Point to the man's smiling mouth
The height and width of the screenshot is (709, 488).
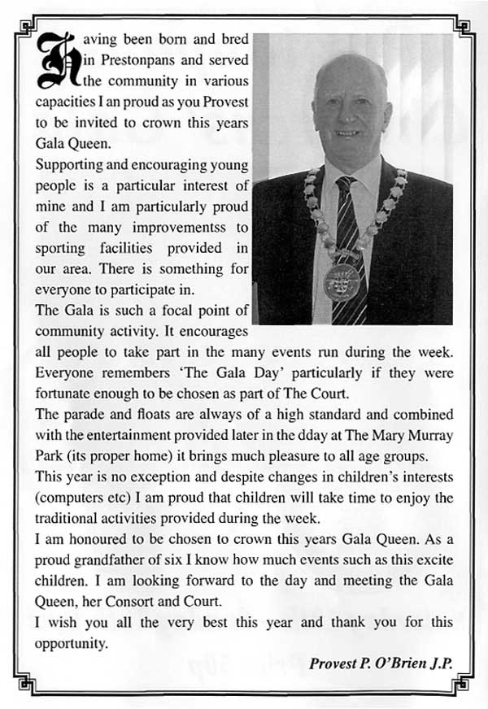pyautogui.click(x=347, y=132)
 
